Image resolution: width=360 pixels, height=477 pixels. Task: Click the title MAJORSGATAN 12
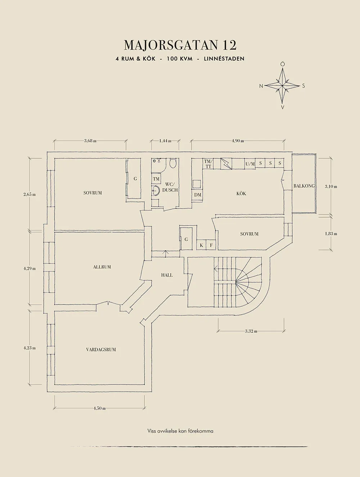[x=180, y=45]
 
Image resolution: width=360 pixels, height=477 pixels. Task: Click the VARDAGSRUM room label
[x=101, y=349]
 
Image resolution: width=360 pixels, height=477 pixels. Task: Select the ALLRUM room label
[x=102, y=267]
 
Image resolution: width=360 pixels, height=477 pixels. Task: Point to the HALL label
[x=167, y=275]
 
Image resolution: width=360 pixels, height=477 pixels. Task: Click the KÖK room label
[x=241, y=194]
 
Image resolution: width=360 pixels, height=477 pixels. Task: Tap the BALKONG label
[x=304, y=186]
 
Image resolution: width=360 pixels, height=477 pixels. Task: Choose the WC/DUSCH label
[x=170, y=187]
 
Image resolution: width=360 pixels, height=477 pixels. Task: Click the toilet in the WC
[x=172, y=164]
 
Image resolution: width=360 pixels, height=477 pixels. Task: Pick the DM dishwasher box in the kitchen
[x=198, y=195]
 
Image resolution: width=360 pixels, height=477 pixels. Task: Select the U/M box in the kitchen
[x=250, y=164]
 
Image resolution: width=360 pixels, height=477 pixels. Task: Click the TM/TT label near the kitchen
[x=208, y=164]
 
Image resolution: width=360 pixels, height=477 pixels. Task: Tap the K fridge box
[x=201, y=245]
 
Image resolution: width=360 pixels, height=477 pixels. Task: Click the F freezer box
[x=211, y=245]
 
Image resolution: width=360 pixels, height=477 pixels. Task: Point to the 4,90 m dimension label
[x=238, y=141]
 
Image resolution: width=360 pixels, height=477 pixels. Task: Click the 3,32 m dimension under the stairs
[x=251, y=331]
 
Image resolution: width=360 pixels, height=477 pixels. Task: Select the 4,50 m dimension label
[x=99, y=408]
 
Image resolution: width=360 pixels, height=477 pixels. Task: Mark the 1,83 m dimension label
[x=331, y=233]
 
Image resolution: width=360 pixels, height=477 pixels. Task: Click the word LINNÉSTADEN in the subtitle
[x=224, y=59]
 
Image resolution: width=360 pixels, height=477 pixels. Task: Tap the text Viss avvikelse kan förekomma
[x=180, y=431]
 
